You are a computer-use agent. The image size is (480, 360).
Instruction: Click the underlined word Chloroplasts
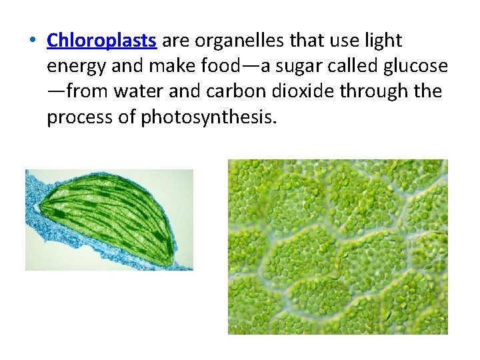coord(101,41)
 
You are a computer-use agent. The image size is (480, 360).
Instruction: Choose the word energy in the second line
coord(73,67)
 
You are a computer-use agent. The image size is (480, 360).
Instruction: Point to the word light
coord(385,41)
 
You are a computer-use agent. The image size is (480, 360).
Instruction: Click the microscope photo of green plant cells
coord(337,247)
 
